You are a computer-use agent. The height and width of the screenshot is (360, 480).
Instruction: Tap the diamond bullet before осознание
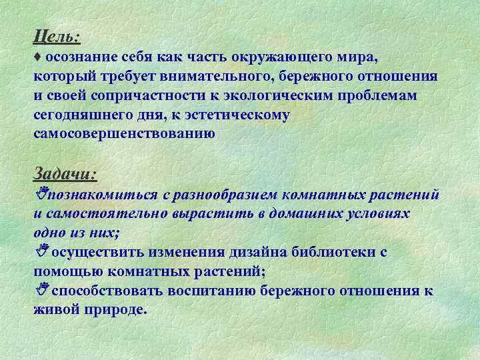pyautogui.click(x=37, y=57)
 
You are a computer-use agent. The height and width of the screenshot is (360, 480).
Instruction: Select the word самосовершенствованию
pyautogui.click(x=125, y=134)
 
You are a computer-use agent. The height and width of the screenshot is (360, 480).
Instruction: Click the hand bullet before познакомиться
pyautogui.click(x=39, y=194)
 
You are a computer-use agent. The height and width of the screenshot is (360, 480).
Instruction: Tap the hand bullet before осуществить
pyautogui.click(x=39, y=252)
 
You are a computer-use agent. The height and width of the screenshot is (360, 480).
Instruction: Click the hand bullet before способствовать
pyautogui.click(x=39, y=290)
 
